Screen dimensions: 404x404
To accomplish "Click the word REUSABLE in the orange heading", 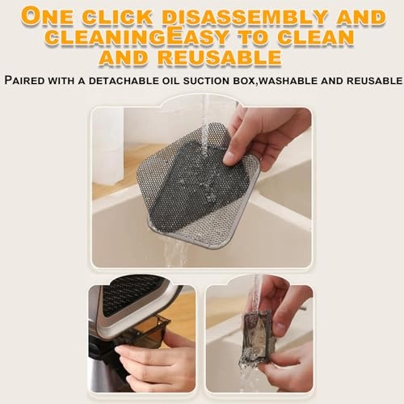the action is click(220, 57).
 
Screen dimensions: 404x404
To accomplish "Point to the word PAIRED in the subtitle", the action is click(25, 80).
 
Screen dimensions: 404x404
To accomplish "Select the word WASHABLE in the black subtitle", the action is click(289, 81).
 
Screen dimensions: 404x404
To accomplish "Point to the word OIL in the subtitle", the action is click(171, 81).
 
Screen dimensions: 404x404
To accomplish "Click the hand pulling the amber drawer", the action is click(151, 358).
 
